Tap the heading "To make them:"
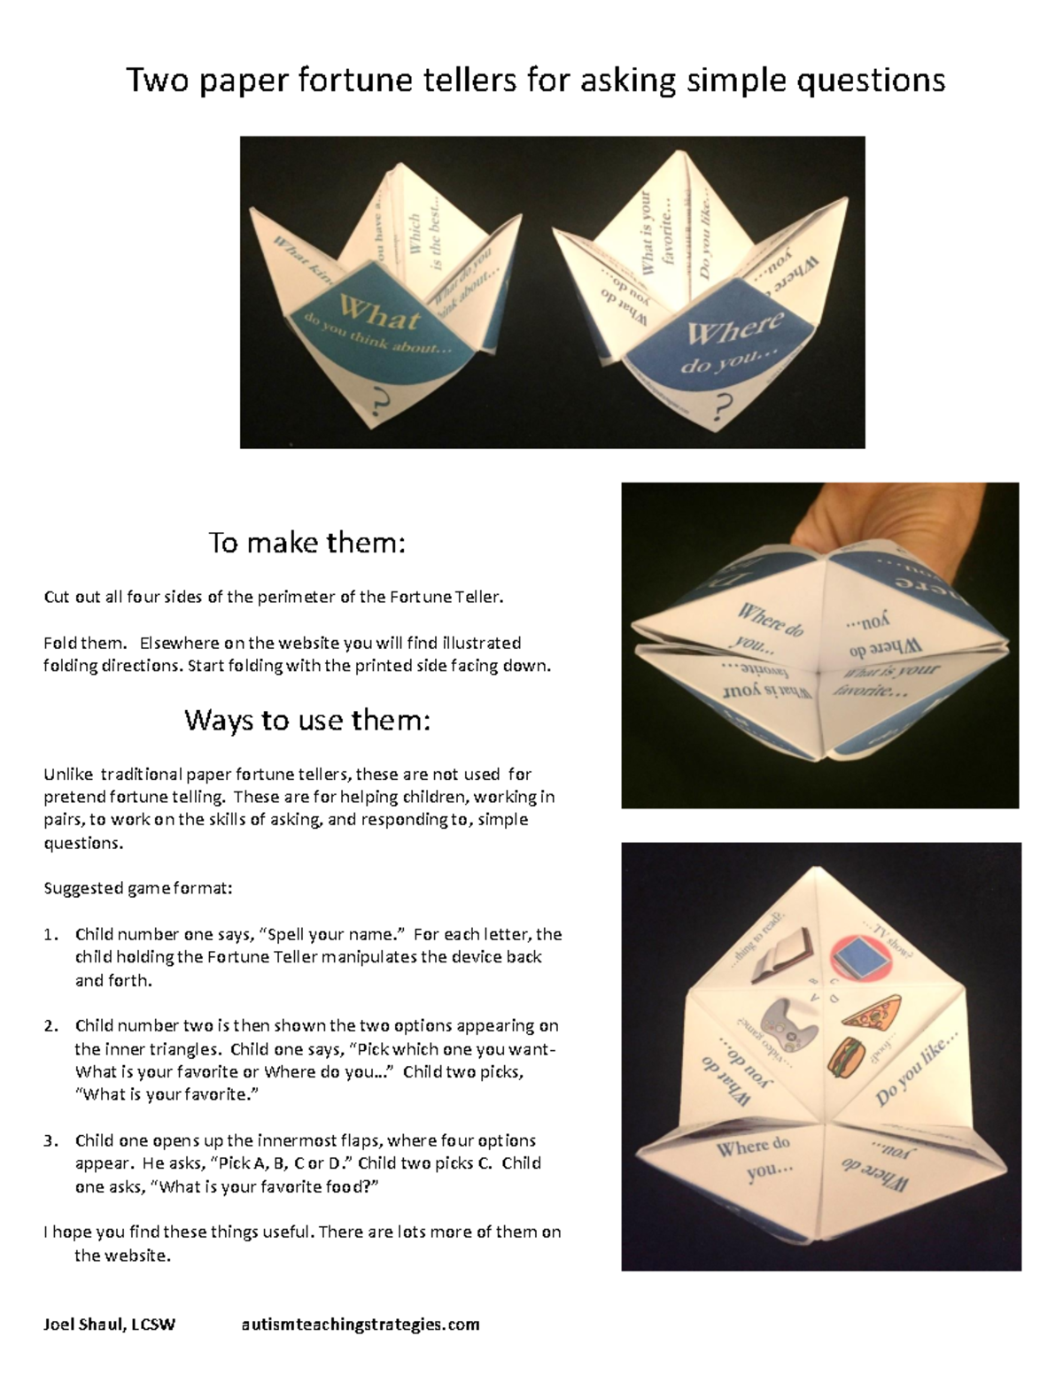click(x=306, y=542)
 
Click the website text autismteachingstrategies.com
click(x=360, y=1325)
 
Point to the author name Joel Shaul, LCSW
click(x=109, y=1325)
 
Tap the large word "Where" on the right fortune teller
click(x=734, y=331)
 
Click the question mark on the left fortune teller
click(x=382, y=405)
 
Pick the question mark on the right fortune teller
click(x=724, y=406)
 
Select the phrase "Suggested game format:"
click(x=137, y=888)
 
